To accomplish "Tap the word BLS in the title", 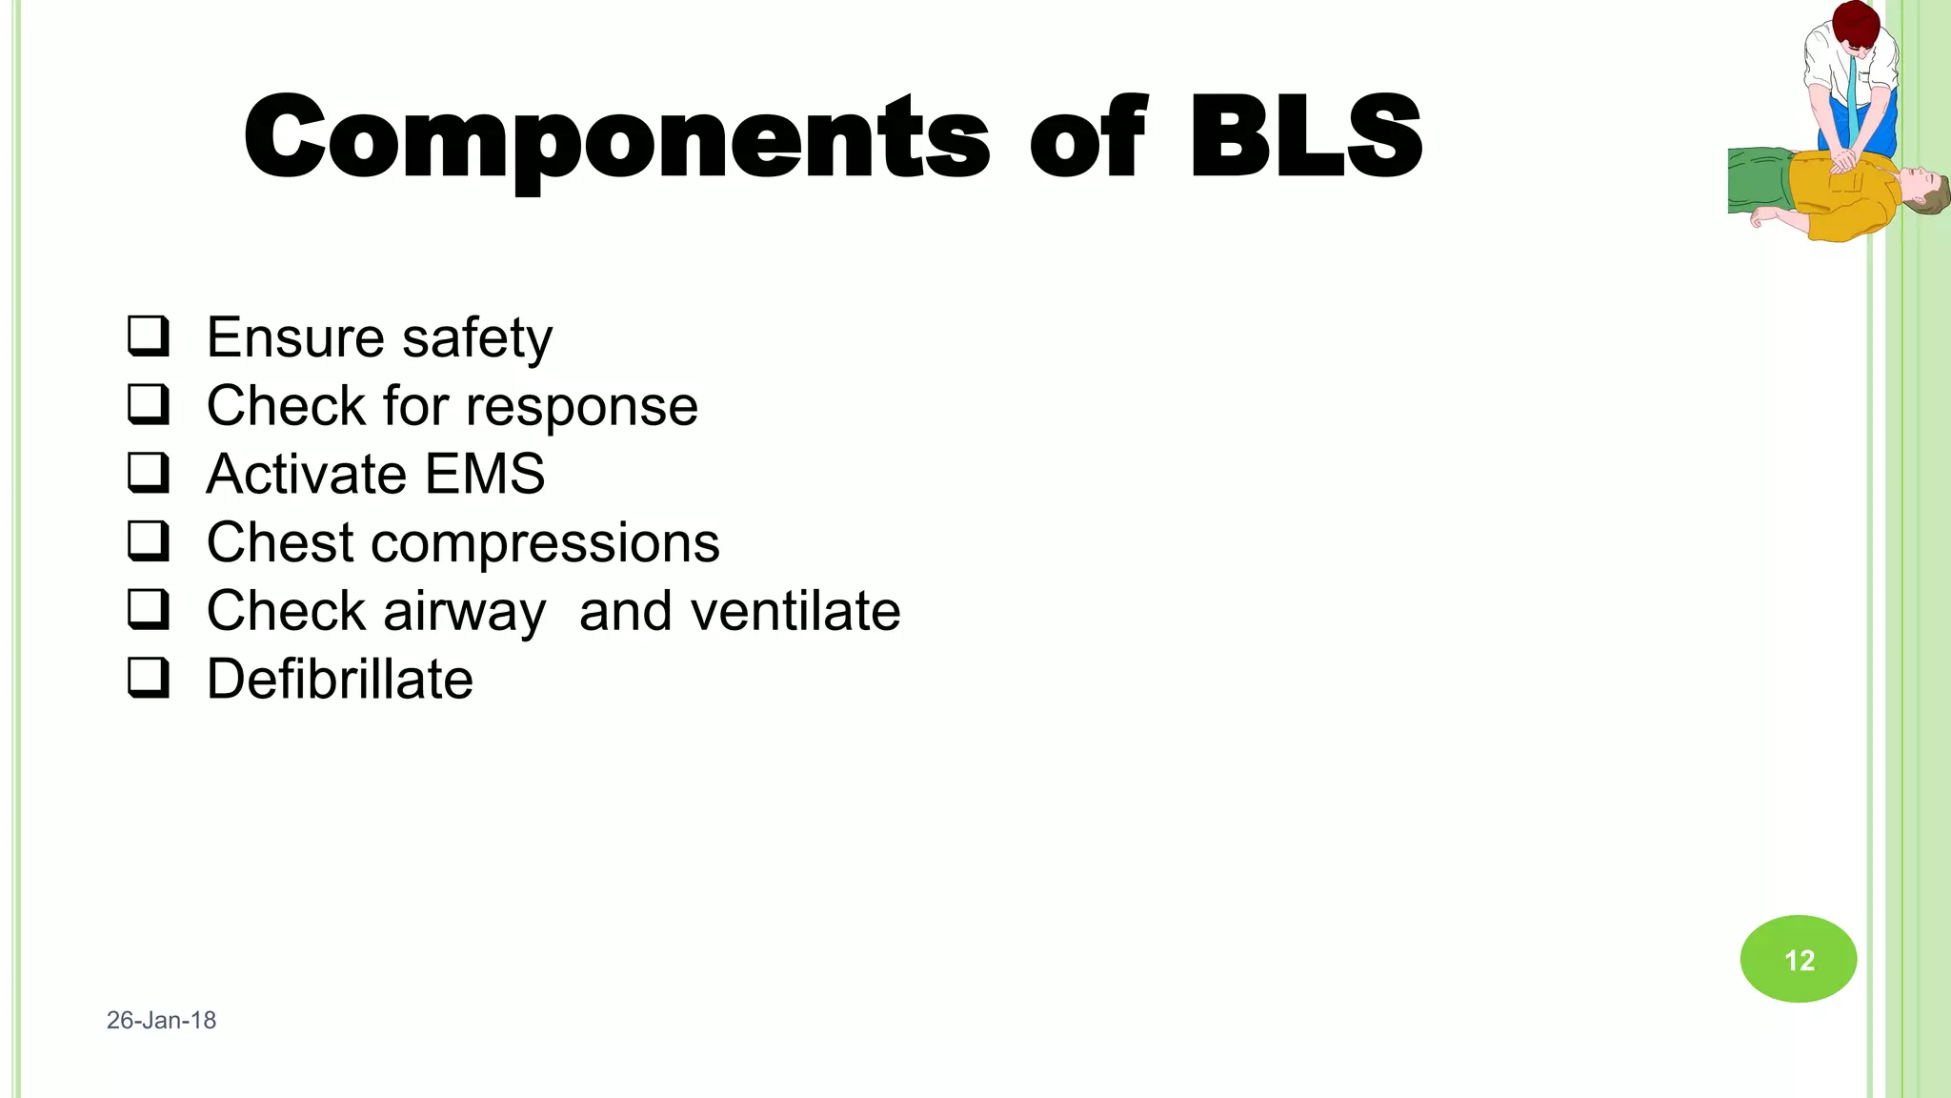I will tap(1306, 138).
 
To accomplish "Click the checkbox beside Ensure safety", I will tap(149, 336).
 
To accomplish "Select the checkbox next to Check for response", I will tap(149, 404).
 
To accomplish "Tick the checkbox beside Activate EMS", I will tap(149, 473).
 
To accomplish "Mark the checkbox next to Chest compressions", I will tap(149, 540).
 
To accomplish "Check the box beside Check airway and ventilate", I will tap(149, 609).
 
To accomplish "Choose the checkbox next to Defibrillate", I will tap(149, 678).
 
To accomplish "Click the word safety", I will tap(477, 338).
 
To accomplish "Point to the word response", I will tap(588, 408).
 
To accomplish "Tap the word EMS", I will tap(485, 474).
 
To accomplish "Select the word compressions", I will tap(545, 543).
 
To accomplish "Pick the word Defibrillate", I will tap(340, 679).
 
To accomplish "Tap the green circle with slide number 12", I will tap(1799, 959).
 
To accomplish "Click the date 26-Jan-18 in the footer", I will tap(161, 1020).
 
